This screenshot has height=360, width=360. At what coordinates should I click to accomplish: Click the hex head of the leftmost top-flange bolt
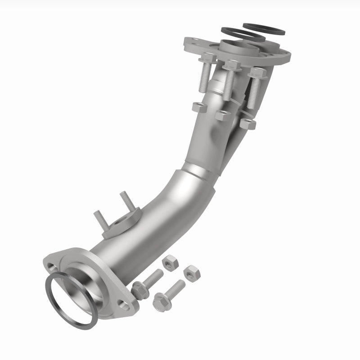207,58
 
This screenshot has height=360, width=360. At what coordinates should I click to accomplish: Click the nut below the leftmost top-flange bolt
199,107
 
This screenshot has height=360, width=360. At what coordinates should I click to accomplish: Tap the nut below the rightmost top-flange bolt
248,123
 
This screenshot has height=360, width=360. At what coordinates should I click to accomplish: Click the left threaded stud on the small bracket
100,219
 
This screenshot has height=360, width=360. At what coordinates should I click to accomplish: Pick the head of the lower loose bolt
160,300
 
